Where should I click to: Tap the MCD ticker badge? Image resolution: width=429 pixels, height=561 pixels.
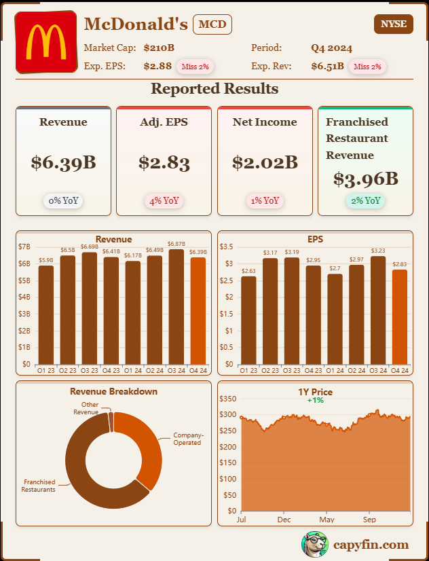(212, 25)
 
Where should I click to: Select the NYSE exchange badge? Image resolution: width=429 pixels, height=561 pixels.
(393, 24)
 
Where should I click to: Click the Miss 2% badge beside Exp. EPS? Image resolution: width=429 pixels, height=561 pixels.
(195, 67)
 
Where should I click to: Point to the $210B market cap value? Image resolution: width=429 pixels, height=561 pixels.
(159, 48)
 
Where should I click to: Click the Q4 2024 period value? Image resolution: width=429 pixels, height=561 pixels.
(331, 48)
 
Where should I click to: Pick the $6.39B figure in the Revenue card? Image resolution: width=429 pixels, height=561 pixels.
(63, 162)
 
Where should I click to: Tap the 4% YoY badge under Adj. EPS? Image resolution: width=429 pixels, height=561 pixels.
(164, 200)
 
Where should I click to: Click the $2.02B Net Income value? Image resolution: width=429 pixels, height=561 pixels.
(265, 162)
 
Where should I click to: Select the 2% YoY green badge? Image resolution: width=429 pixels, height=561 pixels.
(365, 200)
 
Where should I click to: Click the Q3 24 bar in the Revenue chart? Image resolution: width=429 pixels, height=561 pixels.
(176, 306)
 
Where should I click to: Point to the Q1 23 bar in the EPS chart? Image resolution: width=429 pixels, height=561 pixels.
(248, 320)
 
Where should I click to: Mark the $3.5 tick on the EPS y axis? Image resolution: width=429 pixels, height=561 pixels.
(227, 247)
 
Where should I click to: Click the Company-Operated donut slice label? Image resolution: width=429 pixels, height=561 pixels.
(187, 439)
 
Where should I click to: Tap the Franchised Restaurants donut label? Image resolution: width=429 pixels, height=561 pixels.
(38, 486)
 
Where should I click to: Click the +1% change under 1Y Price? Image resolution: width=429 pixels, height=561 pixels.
(315, 400)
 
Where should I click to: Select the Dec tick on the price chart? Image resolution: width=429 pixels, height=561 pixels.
(284, 520)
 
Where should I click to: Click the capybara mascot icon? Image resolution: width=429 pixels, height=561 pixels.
(314, 544)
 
